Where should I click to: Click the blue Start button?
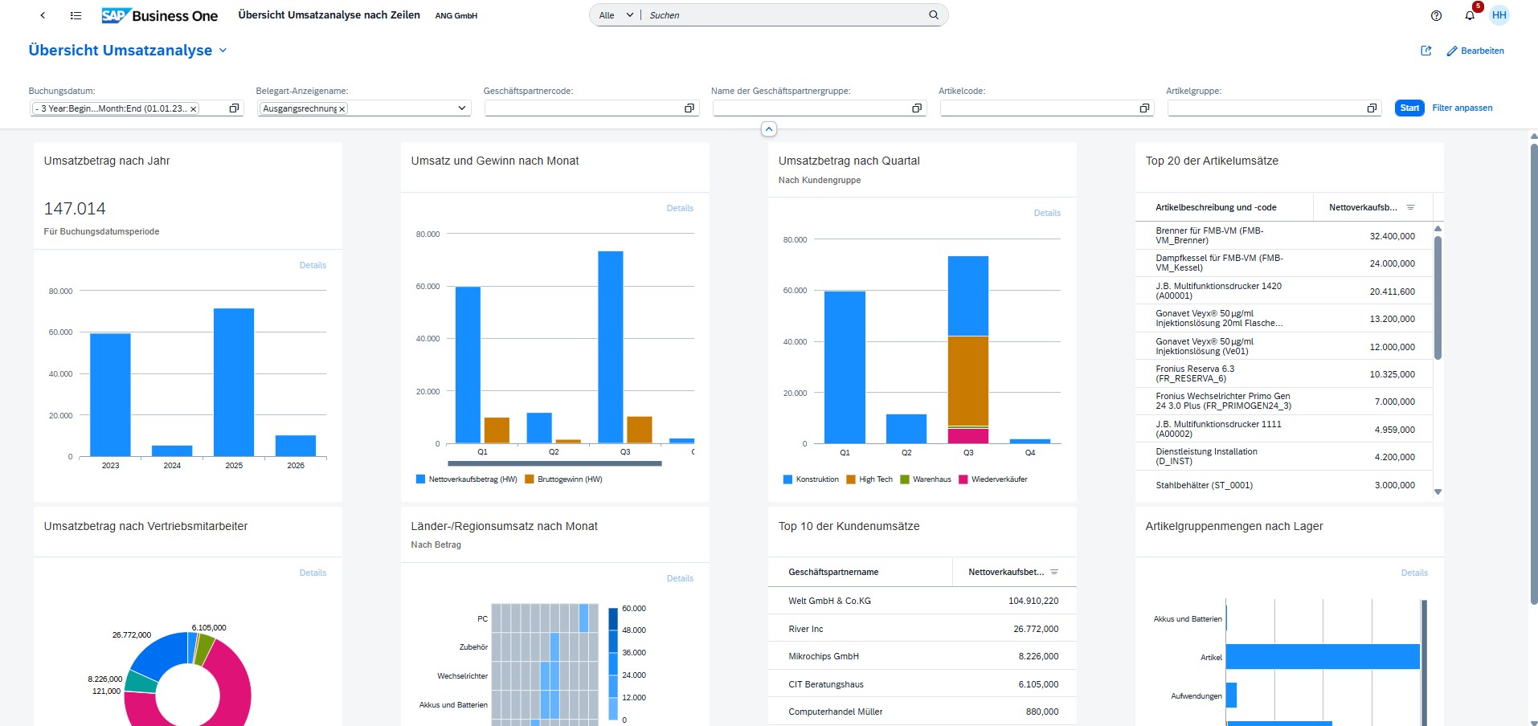point(1409,108)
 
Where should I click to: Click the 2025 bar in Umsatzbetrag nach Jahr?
point(234,382)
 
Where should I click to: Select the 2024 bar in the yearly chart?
point(172,451)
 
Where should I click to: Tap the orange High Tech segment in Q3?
point(967,381)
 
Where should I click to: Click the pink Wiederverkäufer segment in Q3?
point(967,436)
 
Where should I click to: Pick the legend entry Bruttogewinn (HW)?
point(569,479)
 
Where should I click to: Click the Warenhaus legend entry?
point(931,479)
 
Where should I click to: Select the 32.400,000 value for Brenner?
point(1392,236)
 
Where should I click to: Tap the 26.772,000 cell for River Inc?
point(1035,629)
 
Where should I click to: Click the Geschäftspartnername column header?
point(833,572)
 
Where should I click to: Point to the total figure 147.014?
point(75,209)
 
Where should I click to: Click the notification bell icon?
point(1469,15)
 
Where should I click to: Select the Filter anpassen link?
point(1462,108)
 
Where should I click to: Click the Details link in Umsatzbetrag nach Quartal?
point(1046,213)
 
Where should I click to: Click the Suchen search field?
point(783,15)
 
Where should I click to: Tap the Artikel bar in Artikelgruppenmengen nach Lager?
point(1322,656)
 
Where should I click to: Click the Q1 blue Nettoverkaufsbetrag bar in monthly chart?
point(468,365)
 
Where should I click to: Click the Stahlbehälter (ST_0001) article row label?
point(1204,485)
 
